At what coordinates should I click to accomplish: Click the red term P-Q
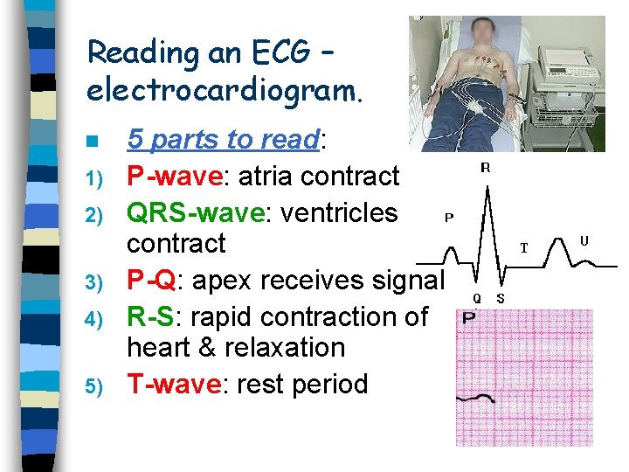[x=150, y=281]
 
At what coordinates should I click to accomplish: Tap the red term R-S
[x=151, y=316]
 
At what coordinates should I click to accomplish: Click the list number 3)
[x=95, y=282]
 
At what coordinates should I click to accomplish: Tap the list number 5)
[x=95, y=385]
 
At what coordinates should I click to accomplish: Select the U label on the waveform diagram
[x=584, y=239]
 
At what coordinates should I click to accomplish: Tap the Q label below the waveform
[x=477, y=298]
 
